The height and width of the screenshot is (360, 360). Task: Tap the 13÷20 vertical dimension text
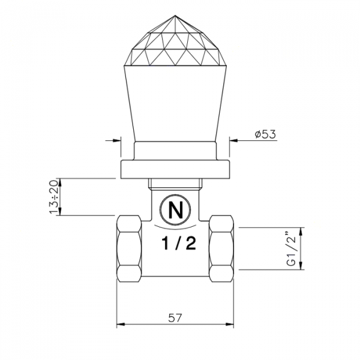tap(55, 197)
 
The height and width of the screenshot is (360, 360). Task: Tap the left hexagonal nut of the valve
tap(128, 247)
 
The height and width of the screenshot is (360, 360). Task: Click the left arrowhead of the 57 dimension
tap(119, 325)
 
